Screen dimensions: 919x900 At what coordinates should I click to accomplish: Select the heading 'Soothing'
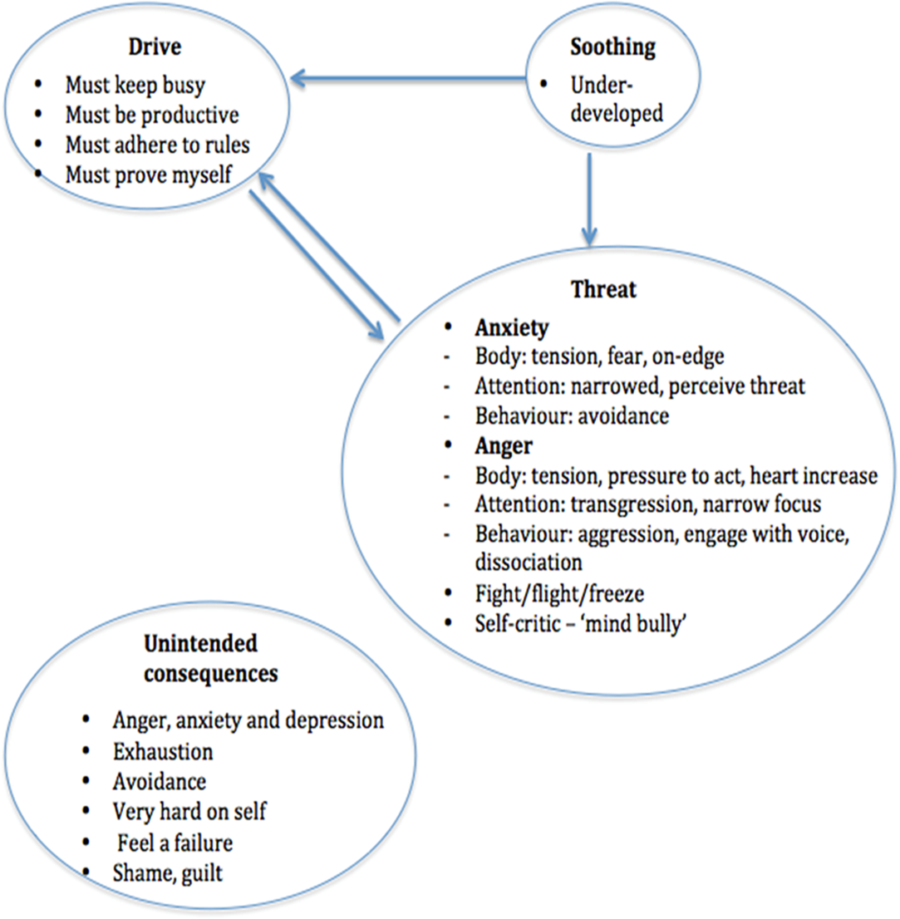[x=612, y=47]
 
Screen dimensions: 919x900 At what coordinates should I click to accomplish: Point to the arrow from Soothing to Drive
[x=407, y=80]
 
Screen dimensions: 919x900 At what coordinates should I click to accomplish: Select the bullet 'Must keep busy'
[x=135, y=85]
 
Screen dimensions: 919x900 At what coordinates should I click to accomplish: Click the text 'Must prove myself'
[x=150, y=174]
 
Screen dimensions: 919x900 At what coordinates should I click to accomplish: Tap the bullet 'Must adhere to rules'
[x=158, y=144]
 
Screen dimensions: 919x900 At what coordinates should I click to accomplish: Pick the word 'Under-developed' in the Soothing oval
[x=616, y=99]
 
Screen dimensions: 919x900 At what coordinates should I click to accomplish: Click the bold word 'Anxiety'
[x=511, y=327]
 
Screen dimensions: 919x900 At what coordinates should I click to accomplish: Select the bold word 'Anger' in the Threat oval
[x=503, y=446]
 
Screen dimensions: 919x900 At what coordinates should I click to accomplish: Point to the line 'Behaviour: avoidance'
[x=572, y=415]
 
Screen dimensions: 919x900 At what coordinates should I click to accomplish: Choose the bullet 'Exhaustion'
[x=163, y=751]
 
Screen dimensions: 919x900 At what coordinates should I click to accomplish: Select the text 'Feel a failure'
[x=174, y=843]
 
